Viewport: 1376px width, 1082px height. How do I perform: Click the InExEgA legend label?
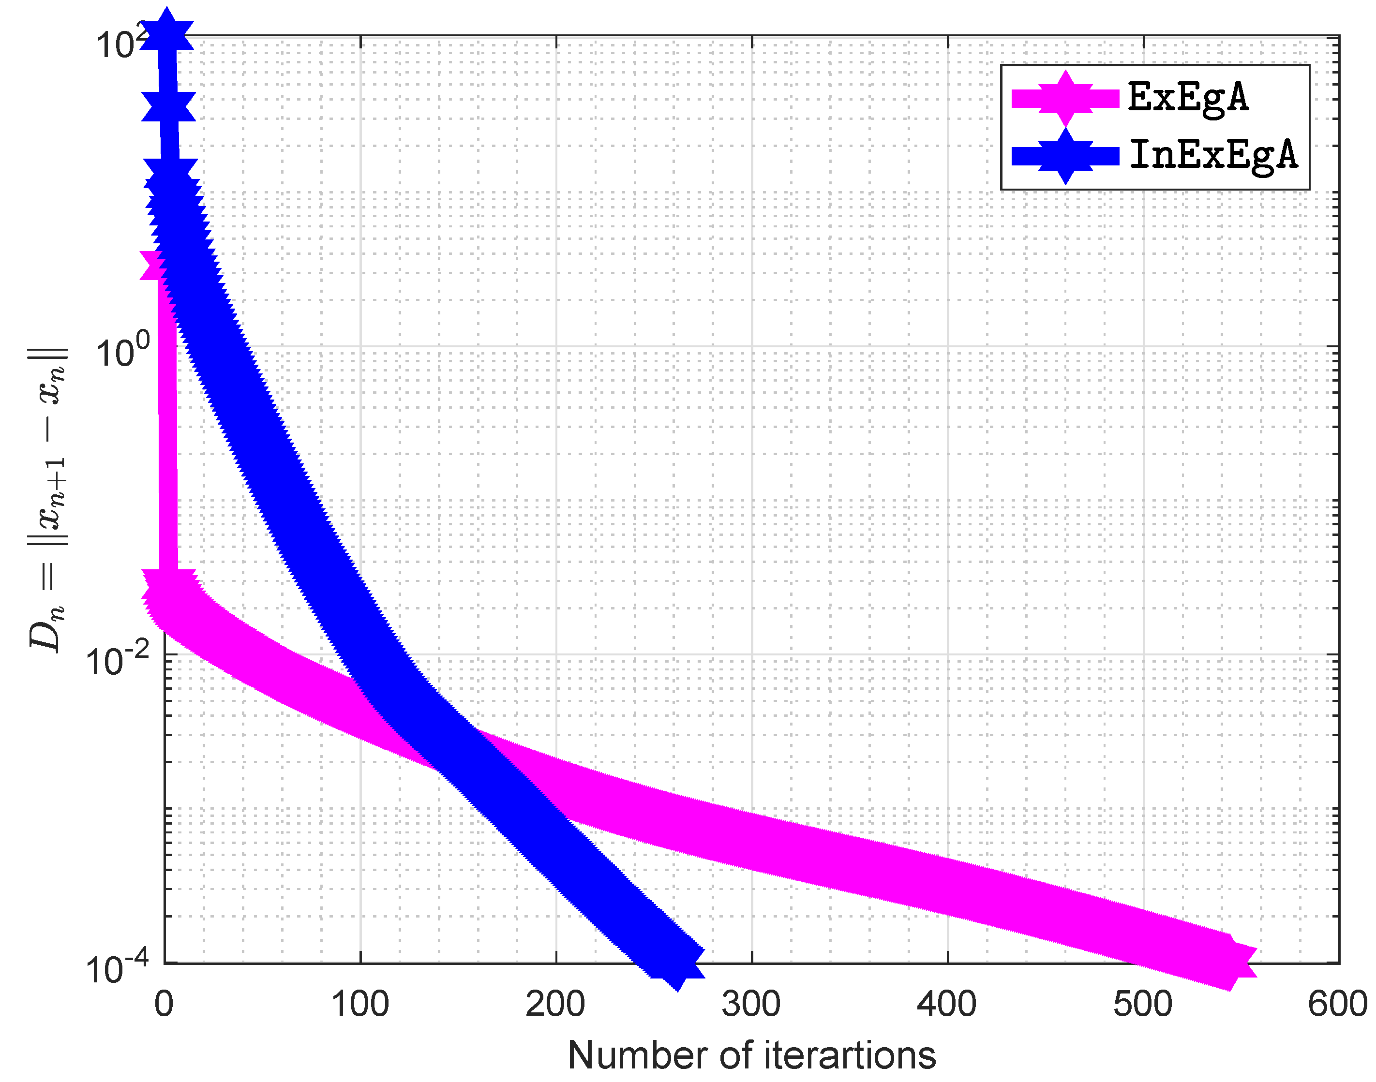1213,155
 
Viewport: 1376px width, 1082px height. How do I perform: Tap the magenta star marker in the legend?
1065,98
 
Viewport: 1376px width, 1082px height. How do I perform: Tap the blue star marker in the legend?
1065,156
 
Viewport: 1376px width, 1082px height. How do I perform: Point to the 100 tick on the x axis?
360,1004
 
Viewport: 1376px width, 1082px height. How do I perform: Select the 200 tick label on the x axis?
555,1004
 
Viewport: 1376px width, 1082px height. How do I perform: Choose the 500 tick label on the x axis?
1142,1004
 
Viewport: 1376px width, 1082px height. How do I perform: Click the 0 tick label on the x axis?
164,1004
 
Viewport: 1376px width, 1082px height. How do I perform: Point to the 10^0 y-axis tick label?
123,350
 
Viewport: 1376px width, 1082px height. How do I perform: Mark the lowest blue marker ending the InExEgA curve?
676,963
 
